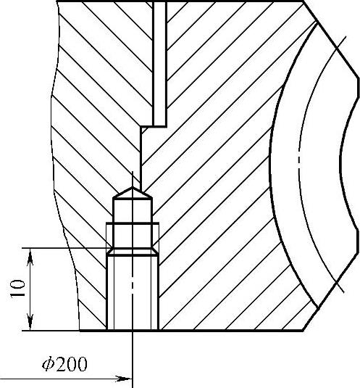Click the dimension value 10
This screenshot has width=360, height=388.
17,288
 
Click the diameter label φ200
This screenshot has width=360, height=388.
64,364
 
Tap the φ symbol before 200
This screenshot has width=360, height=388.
48,364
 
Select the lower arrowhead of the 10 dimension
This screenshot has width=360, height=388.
30,322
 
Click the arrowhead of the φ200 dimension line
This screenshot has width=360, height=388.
125,379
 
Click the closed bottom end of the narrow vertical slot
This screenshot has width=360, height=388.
159,125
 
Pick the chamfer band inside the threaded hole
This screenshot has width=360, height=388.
133,252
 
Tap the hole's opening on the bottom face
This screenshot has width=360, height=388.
133,330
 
